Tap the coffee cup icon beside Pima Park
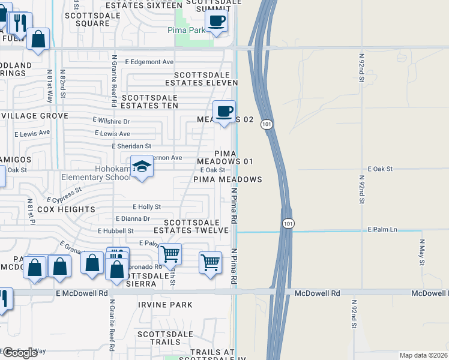point(216,21)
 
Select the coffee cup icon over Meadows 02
point(224,112)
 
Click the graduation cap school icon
point(142,166)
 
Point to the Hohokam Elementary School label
point(96,173)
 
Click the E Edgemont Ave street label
point(149,62)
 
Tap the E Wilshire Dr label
point(111,121)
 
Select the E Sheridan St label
point(131,146)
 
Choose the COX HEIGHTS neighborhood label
point(66,209)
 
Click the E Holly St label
point(146,206)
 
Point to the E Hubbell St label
point(115,230)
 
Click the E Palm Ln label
point(383,229)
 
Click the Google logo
point(19,353)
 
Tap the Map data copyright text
point(423,355)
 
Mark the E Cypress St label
point(63,196)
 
